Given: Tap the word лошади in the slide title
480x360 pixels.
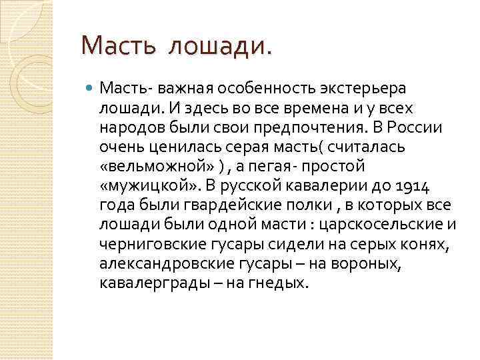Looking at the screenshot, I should (x=220, y=47).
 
